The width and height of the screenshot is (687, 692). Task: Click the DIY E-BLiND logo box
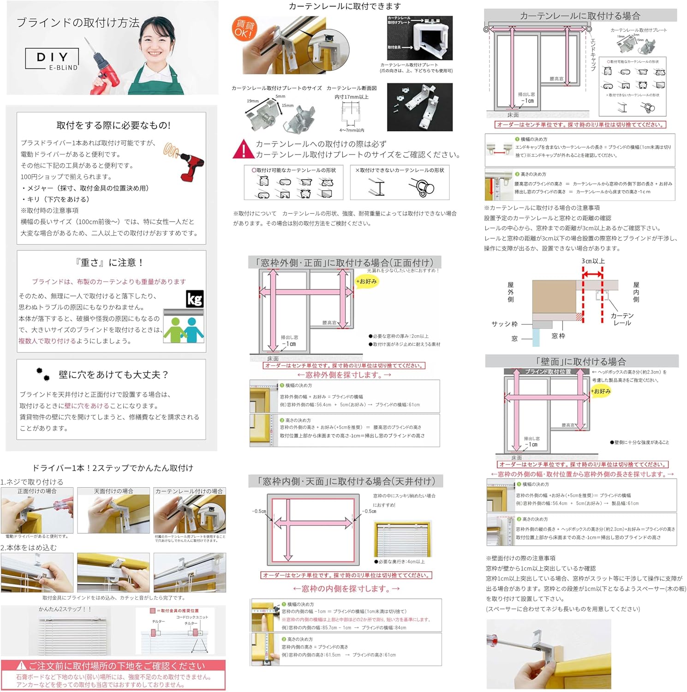[x=52, y=60]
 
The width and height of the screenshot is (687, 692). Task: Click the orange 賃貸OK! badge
[x=244, y=28]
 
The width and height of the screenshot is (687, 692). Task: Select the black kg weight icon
[x=194, y=299]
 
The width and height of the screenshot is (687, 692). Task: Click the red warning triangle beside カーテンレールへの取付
[x=243, y=149]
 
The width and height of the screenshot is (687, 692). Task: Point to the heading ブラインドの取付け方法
[x=78, y=23]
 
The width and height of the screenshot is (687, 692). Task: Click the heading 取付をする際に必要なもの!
[x=114, y=125]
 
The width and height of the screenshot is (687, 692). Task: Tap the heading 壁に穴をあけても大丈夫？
[x=113, y=375]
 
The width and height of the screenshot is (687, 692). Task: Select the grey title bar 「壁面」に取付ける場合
[x=581, y=361]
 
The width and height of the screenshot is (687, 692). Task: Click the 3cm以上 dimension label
[x=593, y=261]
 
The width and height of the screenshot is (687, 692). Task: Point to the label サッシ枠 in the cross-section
[x=504, y=324]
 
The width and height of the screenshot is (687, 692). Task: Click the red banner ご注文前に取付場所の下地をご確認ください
[x=113, y=666]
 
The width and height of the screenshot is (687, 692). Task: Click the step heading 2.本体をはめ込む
[x=29, y=548]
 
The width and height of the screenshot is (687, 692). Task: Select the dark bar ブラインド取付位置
[x=548, y=371]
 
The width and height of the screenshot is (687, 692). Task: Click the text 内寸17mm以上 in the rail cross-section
[x=351, y=97]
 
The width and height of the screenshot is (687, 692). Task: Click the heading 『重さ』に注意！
[x=110, y=262]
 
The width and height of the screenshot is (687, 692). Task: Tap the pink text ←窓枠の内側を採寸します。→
[x=346, y=589]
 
